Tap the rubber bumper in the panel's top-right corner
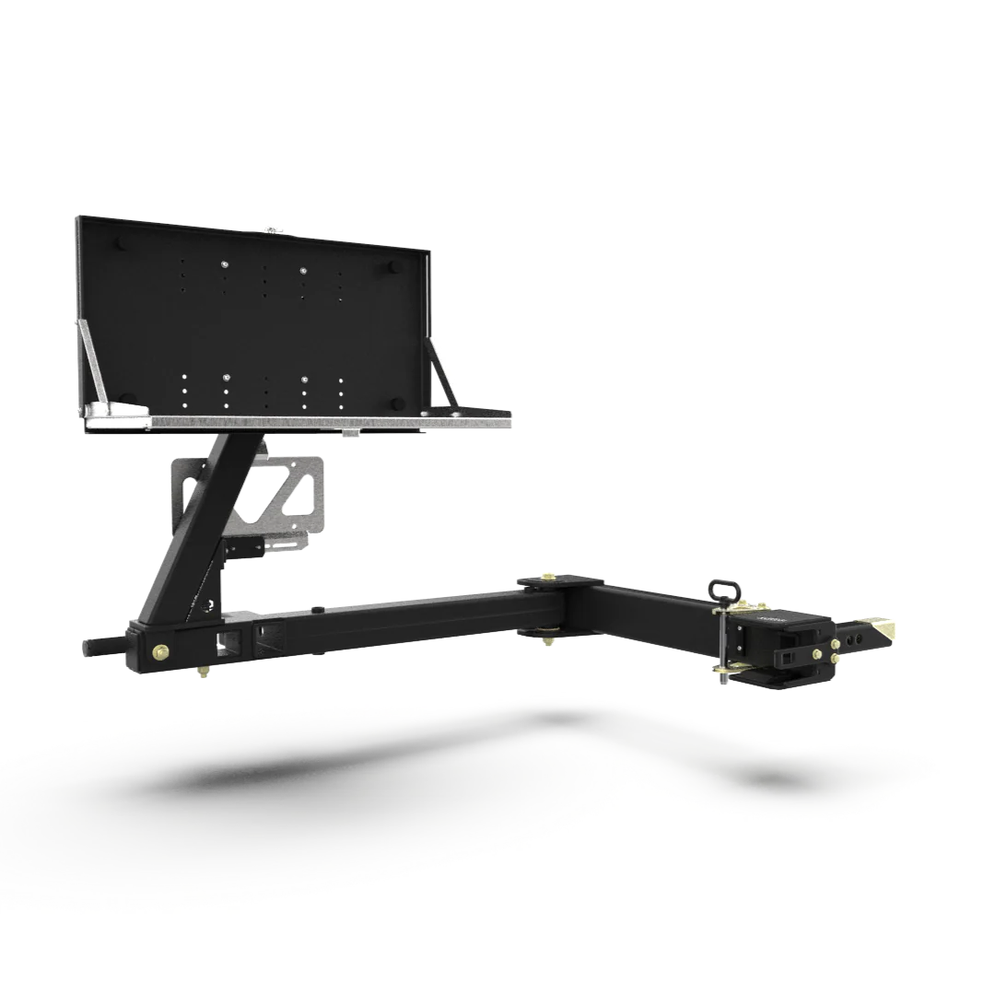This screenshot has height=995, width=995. point(392,267)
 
